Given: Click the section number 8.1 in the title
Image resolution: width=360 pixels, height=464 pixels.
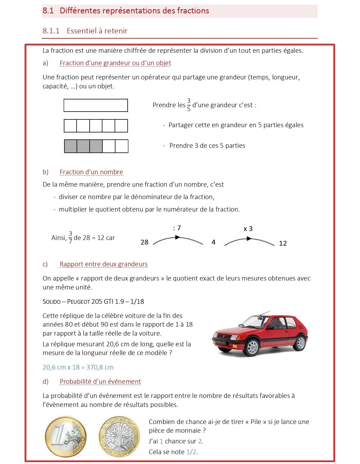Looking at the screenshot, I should coord(48,11).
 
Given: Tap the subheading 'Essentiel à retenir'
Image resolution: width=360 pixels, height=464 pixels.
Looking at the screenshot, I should coord(97,31).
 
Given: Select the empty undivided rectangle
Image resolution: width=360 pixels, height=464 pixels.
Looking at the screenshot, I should coord(96,105).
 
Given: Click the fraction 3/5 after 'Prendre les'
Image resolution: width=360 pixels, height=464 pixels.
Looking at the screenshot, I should coord(189,105).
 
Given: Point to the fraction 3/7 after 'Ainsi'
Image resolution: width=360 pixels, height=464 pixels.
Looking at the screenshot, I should coord(70,238).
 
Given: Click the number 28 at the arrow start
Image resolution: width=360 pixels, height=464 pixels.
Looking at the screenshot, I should coord(144,242).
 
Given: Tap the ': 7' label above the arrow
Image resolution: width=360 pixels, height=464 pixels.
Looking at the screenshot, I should coord(177,228).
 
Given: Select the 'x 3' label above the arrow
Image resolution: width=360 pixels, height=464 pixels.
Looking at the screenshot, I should coord(248,229).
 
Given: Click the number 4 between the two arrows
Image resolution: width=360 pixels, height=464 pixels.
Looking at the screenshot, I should coord(214,242).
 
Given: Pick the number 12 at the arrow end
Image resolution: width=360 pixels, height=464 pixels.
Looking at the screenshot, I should coord(283,243).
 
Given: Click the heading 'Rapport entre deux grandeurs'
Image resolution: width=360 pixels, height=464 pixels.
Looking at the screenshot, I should coord(104,264).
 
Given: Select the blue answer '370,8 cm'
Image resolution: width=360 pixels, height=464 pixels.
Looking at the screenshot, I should coord(100,367).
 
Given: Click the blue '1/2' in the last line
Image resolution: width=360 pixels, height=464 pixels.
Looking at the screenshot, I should coord(191,452).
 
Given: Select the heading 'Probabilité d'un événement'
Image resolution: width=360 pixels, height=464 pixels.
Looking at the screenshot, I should coord(100,382).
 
